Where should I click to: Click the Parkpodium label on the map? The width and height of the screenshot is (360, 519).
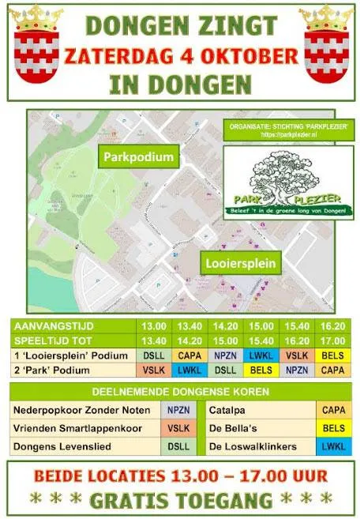point(138,157)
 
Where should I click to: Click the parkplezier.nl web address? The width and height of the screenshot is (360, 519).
point(276,134)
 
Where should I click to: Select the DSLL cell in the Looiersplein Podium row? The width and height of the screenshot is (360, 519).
point(152,356)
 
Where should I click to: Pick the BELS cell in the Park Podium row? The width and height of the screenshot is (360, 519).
point(261,370)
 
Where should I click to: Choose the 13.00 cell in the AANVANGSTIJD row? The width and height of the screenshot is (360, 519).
point(152,328)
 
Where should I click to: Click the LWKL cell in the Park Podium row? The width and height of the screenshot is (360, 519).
point(188,370)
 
